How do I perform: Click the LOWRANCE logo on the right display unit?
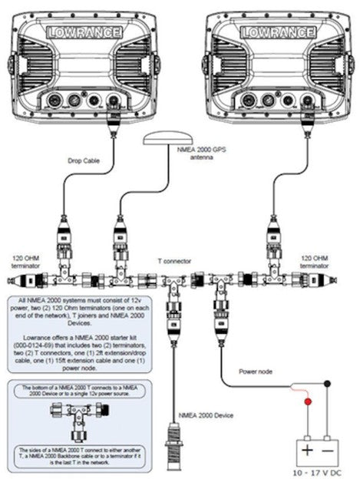click(x=277, y=32)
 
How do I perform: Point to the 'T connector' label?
click(x=174, y=260)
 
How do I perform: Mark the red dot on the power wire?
click(x=309, y=401)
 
